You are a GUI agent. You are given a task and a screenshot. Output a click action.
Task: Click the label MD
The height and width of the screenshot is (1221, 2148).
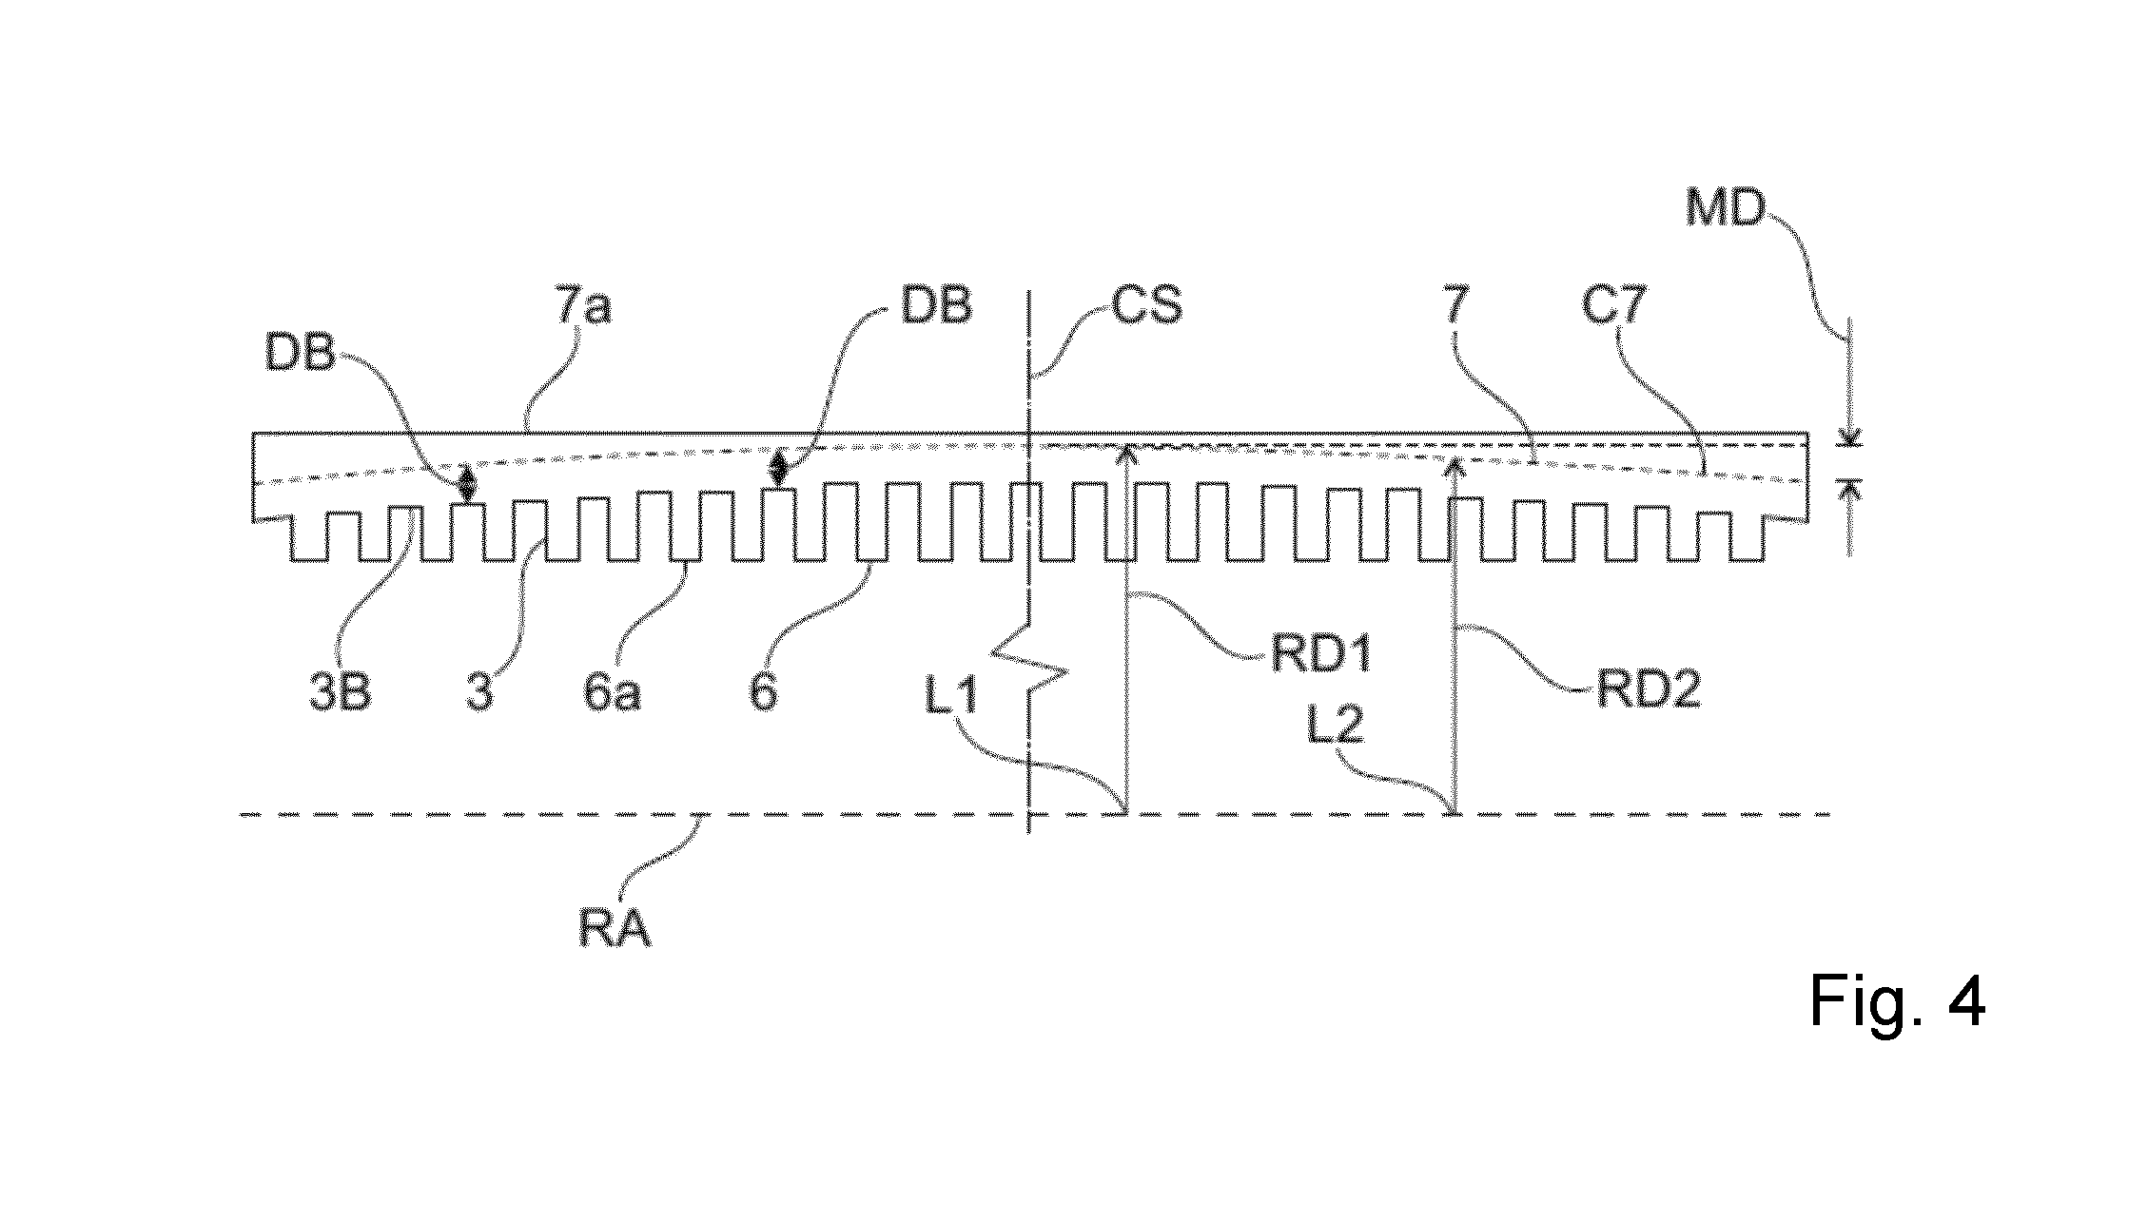point(1725,207)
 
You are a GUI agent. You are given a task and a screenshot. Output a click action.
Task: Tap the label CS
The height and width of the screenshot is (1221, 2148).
point(1147,307)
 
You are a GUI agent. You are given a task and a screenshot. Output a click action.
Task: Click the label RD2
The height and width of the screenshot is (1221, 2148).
point(1649,690)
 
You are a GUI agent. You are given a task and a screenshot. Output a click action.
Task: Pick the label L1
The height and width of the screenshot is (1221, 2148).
point(950,699)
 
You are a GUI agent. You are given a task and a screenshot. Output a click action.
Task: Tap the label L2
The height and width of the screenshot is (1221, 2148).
point(1336,727)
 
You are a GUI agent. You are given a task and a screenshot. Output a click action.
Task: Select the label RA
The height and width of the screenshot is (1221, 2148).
point(615,927)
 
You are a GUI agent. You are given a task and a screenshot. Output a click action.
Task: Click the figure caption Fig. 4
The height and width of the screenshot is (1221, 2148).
point(1897,1001)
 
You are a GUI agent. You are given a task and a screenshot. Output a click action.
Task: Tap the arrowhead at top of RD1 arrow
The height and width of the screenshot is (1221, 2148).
point(1127,452)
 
